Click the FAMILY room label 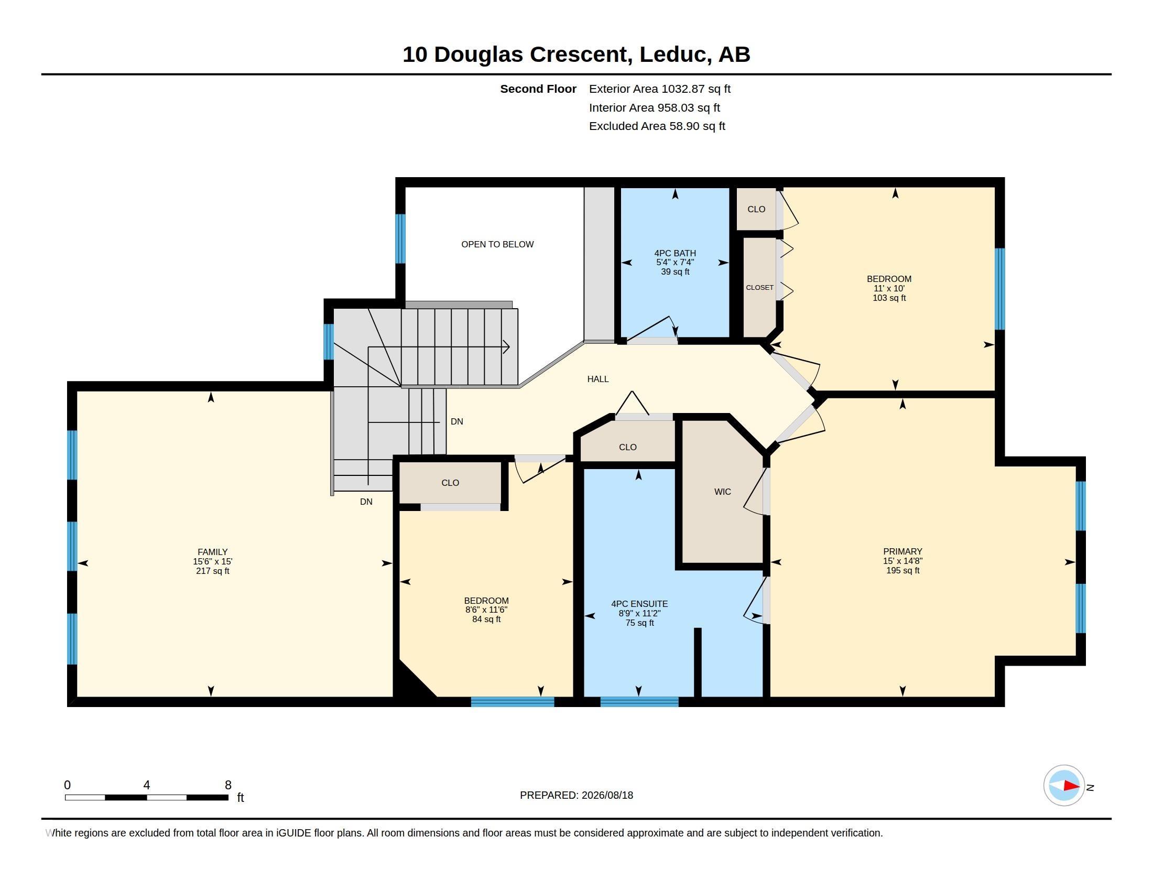coord(213,552)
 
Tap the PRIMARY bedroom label coord(903,551)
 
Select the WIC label coord(723,492)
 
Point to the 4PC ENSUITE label coord(639,604)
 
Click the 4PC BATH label coord(675,253)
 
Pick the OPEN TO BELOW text coord(497,244)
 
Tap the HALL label coord(598,379)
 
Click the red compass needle coord(1071,786)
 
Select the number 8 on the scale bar coord(228,785)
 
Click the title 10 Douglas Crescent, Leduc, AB coord(576,55)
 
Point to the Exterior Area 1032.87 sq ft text coord(660,89)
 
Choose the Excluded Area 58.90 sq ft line coord(657,126)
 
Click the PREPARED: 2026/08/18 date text coord(576,795)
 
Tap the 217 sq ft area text coord(213,571)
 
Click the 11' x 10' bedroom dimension coord(889,289)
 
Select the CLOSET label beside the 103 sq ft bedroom coord(760,288)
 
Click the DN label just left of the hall coord(457,422)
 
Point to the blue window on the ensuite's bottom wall coord(639,702)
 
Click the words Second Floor coord(538,89)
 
